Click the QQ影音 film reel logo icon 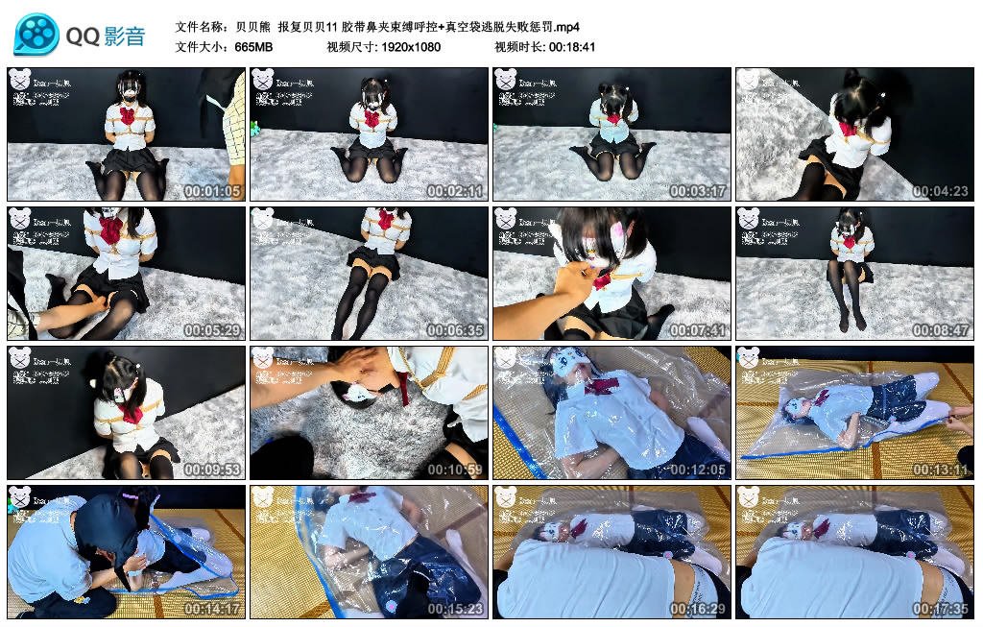(36, 35)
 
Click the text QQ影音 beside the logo (106, 36)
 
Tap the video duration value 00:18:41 (573, 46)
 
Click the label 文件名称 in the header (202, 26)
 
